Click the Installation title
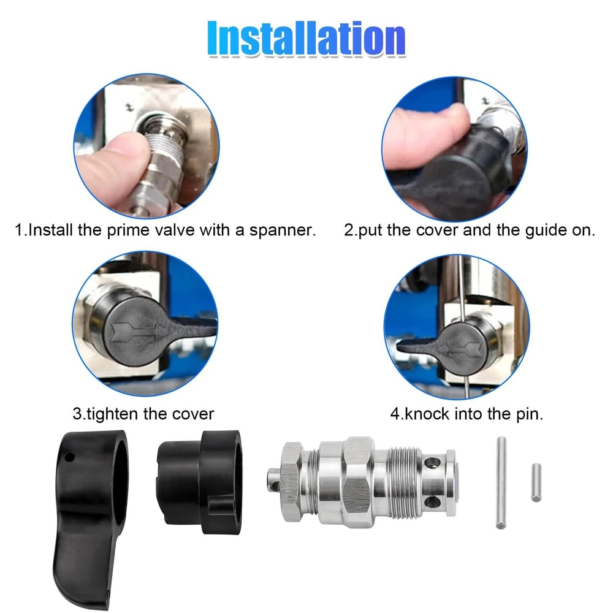pyautogui.click(x=306, y=38)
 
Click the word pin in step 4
pyautogui.click(x=528, y=413)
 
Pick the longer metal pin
pyautogui.click(x=501, y=482)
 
